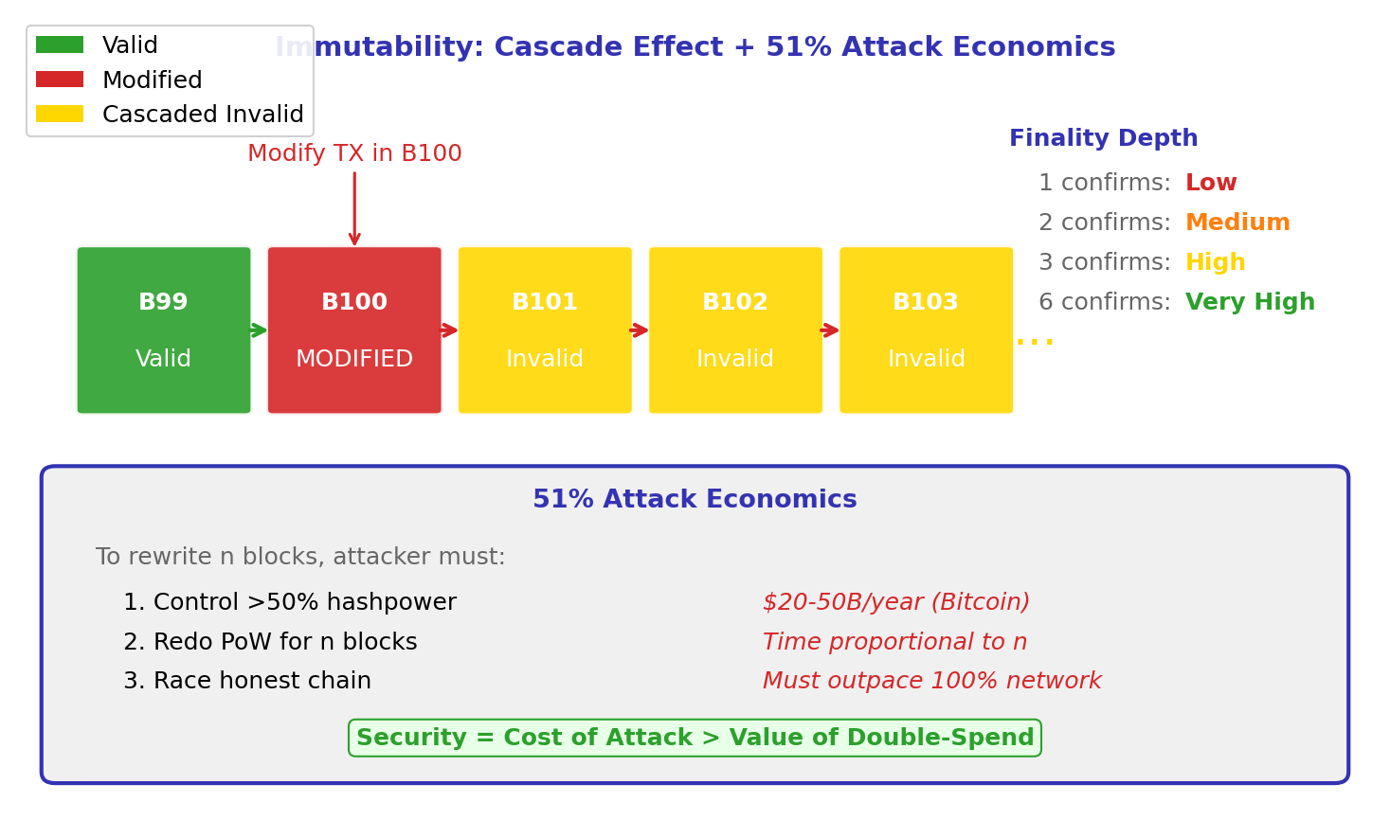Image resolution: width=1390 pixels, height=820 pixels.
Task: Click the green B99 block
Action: [164, 330]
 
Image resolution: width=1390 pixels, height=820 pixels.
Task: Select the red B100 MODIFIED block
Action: [354, 330]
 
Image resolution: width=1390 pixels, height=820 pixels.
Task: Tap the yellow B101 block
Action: [545, 330]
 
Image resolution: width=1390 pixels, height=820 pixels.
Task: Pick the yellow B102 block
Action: [735, 330]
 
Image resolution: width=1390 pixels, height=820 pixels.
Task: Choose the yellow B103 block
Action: [926, 330]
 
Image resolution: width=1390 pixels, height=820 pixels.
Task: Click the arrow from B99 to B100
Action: [259, 330]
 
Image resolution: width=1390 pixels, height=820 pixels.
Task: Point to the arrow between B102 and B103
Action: [830, 330]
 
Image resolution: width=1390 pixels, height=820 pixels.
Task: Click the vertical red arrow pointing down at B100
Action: [354, 208]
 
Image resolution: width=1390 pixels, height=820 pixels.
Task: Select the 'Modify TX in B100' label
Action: [354, 153]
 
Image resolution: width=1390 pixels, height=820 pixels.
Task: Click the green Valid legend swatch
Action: [60, 45]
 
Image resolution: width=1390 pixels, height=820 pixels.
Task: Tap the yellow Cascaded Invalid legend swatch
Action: [60, 114]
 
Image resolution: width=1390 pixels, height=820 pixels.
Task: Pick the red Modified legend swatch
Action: [60, 80]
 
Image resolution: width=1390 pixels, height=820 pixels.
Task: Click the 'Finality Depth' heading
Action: [1103, 138]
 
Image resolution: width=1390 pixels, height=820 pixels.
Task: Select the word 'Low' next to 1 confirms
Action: [1210, 183]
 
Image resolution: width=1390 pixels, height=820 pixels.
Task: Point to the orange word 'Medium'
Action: [1237, 223]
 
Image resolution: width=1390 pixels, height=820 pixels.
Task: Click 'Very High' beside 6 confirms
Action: [1249, 302]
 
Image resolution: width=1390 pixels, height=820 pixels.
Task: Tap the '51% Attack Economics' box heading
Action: [695, 500]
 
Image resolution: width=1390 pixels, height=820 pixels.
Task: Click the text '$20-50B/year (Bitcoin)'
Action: [895, 602]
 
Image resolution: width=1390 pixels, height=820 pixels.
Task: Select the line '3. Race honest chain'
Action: [247, 681]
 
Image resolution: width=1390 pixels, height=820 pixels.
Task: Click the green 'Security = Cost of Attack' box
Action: [695, 738]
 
